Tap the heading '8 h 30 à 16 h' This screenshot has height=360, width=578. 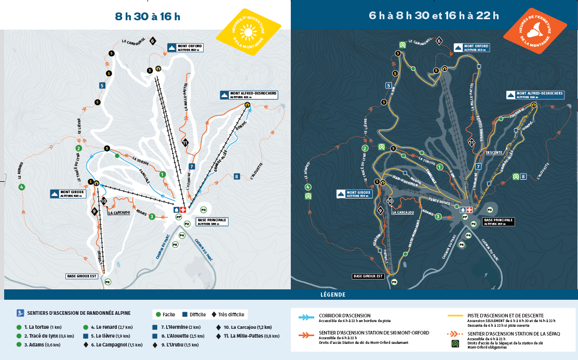pyautogui.click(x=147, y=16)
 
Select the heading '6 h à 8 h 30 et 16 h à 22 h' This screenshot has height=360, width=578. pyautogui.click(x=434, y=15)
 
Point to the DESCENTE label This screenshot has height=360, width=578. pyautogui.click(x=493, y=153)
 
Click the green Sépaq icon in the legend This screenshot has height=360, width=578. pyautogui.click(x=455, y=343)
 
